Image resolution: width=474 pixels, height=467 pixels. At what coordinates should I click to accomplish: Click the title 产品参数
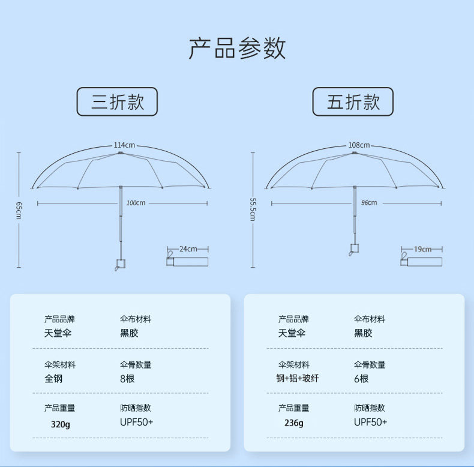pyautogui.click(x=237, y=48)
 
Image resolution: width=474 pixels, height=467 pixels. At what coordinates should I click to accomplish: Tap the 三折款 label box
pyautogui.click(x=118, y=101)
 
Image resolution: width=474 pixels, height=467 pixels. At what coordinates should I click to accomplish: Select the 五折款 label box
pyautogui.click(x=353, y=101)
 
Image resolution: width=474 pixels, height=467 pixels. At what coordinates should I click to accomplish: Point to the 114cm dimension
pyautogui.click(x=124, y=145)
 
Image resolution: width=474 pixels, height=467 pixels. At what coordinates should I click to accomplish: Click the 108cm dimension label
pyautogui.click(x=359, y=145)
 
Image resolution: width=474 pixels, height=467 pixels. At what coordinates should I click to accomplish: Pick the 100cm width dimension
pyautogui.click(x=136, y=203)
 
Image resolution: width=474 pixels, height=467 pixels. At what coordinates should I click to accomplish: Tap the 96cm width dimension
pyautogui.click(x=369, y=203)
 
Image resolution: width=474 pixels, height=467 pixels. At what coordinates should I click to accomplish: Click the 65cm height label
pyautogui.click(x=19, y=210)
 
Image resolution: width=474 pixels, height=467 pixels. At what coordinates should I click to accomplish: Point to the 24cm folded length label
pyautogui.click(x=188, y=249)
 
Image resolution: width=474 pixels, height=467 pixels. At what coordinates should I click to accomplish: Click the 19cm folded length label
pyautogui.click(x=422, y=249)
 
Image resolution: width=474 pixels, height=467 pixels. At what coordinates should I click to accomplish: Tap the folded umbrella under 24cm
pyautogui.click(x=187, y=261)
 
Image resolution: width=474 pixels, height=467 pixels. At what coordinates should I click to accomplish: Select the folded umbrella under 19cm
pyautogui.click(x=421, y=261)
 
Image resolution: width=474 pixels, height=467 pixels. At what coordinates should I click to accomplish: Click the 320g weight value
pyautogui.click(x=60, y=423)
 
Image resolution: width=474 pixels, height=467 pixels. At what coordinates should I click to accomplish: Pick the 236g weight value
pyautogui.click(x=293, y=423)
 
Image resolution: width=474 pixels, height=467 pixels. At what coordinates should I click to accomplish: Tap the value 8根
pyautogui.click(x=128, y=379)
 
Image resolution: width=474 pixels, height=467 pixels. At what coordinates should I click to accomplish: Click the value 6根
pyautogui.click(x=361, y=379)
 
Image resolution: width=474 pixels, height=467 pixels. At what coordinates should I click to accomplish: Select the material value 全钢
pyautogui.click(x=53, y=379)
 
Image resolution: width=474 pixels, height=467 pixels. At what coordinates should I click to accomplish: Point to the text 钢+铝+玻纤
pyautogui.click(x=298, y=379)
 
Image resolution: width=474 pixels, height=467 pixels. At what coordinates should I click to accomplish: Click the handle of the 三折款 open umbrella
pyautogui.click(x=120, y=263)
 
